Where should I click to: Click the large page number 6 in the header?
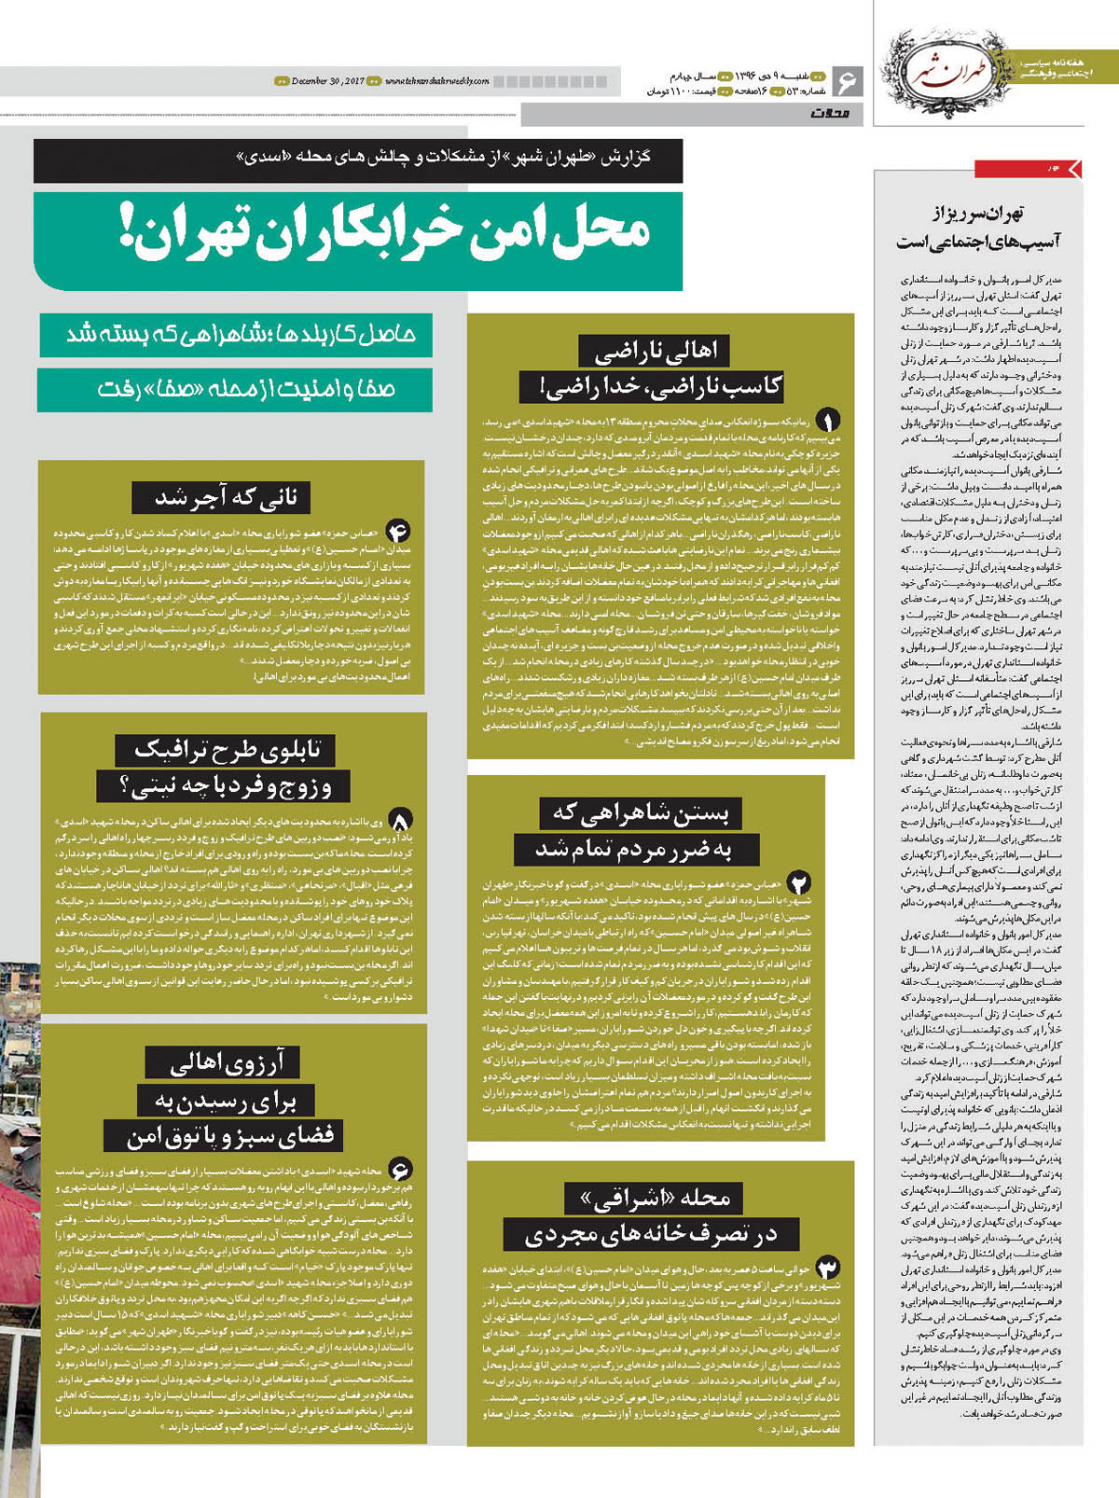846,81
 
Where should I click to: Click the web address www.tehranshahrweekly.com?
436,81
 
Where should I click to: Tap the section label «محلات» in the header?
830,114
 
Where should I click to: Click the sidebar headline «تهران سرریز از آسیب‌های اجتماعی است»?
978,228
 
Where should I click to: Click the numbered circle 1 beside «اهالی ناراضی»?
827,421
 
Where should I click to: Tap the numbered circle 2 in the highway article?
798,881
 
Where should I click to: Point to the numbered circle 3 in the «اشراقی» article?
827,1267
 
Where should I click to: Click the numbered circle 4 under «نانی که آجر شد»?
398,531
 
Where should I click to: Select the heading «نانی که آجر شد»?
227,497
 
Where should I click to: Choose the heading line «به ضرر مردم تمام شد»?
633,850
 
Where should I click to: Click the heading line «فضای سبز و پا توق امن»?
230,1136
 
